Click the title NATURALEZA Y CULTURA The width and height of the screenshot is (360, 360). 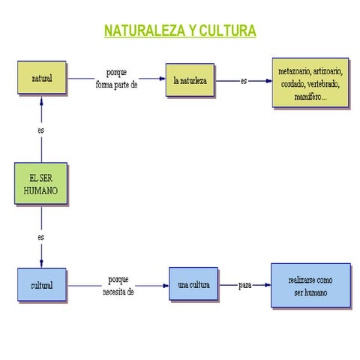click(x=180, y=31)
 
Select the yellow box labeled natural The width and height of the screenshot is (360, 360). click(x=41, y=77)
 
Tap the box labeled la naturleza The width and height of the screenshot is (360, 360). click(x=190, y=79)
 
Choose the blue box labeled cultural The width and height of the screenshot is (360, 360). click(x=41, y=285)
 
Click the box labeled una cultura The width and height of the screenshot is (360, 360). click(x=193, y=285)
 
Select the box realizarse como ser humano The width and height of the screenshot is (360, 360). click(x=310, y=286)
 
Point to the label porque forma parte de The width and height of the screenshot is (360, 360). click(x=116, y=79)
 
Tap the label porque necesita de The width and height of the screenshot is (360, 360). click(x=118, y=285)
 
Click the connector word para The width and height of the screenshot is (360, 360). click(x=244, y=285)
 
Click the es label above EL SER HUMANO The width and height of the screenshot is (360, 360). click(x=41, y=130)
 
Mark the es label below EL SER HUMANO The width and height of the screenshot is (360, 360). click(x=41, y=237)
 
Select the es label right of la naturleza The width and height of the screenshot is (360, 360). click(x=244, y=79)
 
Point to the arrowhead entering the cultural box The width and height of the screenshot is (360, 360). click(x=41, y=263)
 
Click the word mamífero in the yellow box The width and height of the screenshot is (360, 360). click(x=299, y=97)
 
